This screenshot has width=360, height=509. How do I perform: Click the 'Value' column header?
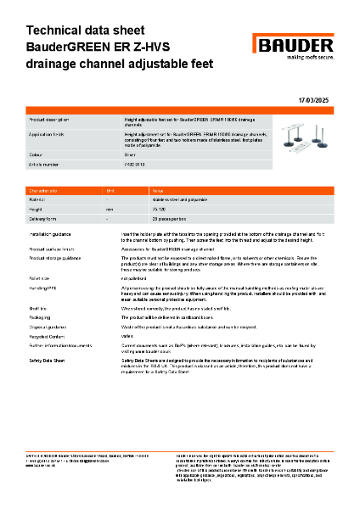pyautogui.click(x=157, y=191)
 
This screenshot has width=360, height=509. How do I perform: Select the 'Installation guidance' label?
pyautogui.click(x=55, y=232)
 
